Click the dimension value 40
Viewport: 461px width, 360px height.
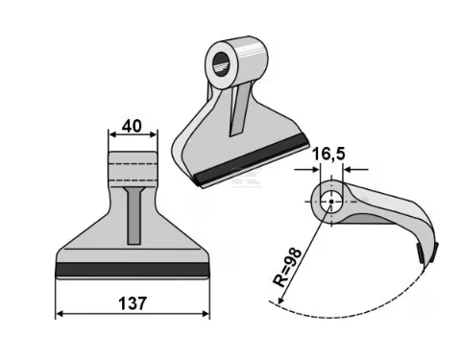[x=132, y=127]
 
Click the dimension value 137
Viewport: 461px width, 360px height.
[x=133, y=303]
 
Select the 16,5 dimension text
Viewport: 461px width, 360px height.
[x=328, y=154]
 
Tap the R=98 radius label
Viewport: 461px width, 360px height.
[x=287, y=268]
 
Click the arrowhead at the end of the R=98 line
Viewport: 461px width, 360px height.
[x=280, y=300]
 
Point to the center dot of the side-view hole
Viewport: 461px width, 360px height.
[x=331, y=202]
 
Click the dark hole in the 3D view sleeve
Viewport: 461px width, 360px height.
[x=221, y=64]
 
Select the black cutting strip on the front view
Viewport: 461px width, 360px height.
[x=133, y=270]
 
